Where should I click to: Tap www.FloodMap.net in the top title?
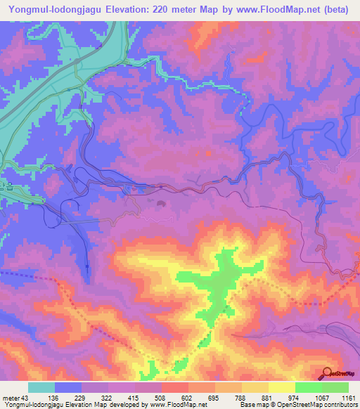coord(264,11)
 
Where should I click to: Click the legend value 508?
coord(160,397)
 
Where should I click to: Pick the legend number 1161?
coord(348,397)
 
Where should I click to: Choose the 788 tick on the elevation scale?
coord(240,397)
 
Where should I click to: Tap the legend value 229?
coord(80,397)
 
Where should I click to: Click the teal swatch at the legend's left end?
coord(41,387)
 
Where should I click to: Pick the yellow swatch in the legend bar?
coord(282,387)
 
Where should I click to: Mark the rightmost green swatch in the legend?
coord(335,387)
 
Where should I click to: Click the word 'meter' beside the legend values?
coord(10,397)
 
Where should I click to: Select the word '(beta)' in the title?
coord(342,11)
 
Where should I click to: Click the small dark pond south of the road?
coord(162,204)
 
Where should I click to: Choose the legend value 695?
coord(214,397)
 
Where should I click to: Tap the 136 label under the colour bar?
coord(53,397)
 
